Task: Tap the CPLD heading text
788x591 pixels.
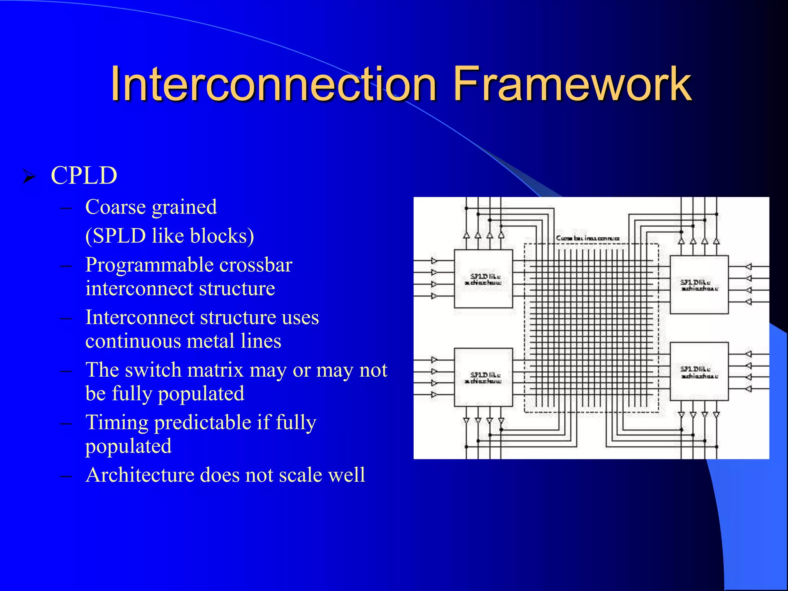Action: tap(84, 175)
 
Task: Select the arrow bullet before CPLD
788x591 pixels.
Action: tap(29, 177)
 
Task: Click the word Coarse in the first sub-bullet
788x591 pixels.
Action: tap(115, 207)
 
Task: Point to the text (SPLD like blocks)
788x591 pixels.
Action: tap(170, 236)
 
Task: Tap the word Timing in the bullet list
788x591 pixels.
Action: tap(117, 422)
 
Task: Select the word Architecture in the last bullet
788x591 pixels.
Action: tap(140, 475)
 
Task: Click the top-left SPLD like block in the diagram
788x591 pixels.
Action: tap(483, 279)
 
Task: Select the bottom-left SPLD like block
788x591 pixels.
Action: tap(483, 377)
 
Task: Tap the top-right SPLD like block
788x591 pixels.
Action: tap(699, 285)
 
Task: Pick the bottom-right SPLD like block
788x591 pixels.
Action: tap(699, 372)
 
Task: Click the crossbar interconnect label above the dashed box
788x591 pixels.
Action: tap(588, 239)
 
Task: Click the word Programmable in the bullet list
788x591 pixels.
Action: tap(149, 265)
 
